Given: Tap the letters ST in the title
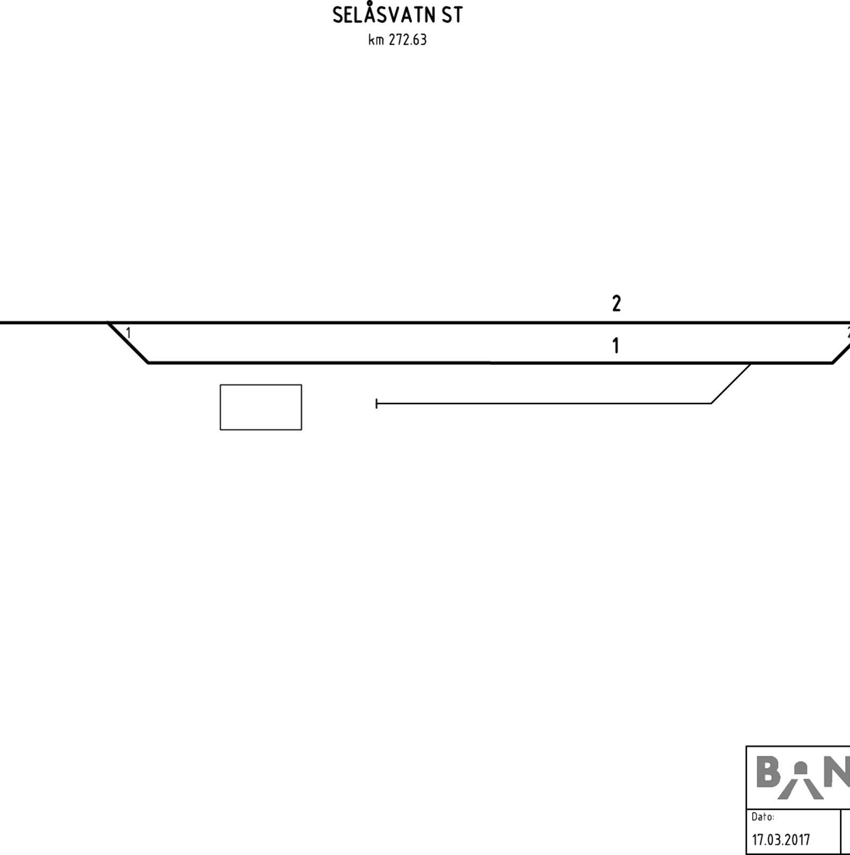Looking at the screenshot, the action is click(452, 15).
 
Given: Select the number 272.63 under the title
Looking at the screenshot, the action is click(407, 40).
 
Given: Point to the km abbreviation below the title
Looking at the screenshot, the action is click(376, 40).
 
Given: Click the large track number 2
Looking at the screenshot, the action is click(616, 304).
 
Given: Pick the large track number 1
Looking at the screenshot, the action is click(616, 346).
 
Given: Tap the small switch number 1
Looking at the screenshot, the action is click(128, 334).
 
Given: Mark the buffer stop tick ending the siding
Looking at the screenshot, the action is click(377, 404).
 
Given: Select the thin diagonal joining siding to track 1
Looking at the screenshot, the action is click(731, 384).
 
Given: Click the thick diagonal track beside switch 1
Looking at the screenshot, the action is click(128, 343).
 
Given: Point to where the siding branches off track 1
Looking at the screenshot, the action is click(751, 364).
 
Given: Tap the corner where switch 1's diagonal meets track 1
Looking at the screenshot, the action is click(148, 363).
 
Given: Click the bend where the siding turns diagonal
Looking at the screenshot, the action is click(711, 404).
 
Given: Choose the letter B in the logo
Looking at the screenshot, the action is click(768, 773).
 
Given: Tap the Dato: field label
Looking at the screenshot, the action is click(763, 817).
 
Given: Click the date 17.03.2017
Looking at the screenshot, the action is click(781, 840).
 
